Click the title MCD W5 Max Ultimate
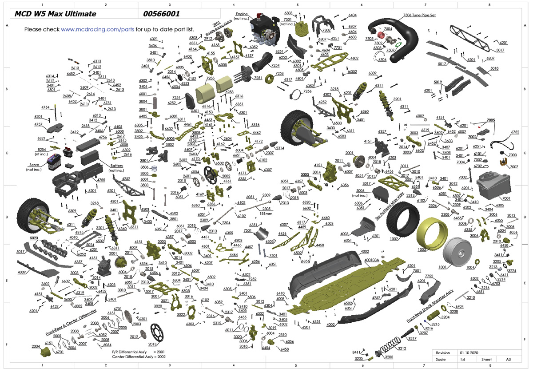[55, 14]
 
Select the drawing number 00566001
[161, 14]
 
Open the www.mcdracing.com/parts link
[97, 29]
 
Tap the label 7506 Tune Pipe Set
[419, 15]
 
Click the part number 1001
[454, 267]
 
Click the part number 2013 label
[153, 344]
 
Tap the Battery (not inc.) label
[116, 168]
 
